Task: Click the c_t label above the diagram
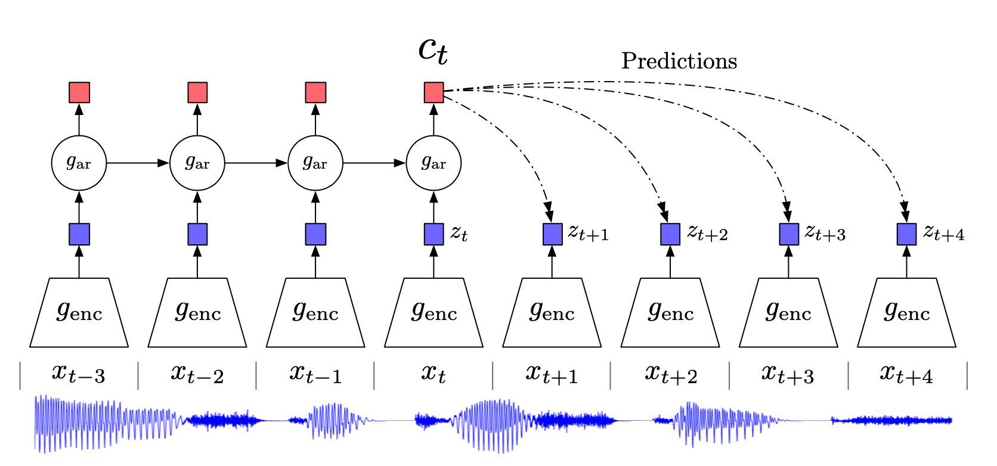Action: pos(433,50)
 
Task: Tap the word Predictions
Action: pos(679,61)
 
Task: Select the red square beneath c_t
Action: pos(434,92)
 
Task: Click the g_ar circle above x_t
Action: pos(434,163)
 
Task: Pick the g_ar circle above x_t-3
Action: pos(79,163)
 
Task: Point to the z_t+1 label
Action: pos(588,232)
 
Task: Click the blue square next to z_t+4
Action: pos(906,234)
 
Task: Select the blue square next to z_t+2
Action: pos(670,234)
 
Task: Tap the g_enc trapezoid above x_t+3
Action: pos(788,312)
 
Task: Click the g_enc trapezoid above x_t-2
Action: pos(197,312)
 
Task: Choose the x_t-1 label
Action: pos(315,374)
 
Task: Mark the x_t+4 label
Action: pos(906,374)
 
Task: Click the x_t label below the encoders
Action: pos(434,374)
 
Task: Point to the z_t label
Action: pos(459,233)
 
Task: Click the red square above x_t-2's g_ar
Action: pos(197,92)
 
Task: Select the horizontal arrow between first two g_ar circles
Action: pos(138,163)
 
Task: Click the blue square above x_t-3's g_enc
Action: pos(79,234)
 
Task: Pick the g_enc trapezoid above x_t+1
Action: pos(552,312)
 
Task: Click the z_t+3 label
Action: pos(825,232)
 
